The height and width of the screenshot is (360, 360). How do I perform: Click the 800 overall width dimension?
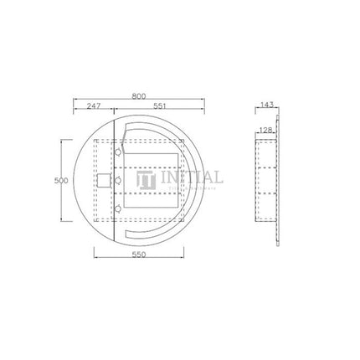click(x=139, y=96)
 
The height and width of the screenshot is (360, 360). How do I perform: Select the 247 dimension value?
click(x=93, y=107)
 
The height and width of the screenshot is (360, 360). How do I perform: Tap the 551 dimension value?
click(x=159, y=107)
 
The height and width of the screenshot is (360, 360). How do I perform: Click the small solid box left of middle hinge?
click(x=102, y=179)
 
